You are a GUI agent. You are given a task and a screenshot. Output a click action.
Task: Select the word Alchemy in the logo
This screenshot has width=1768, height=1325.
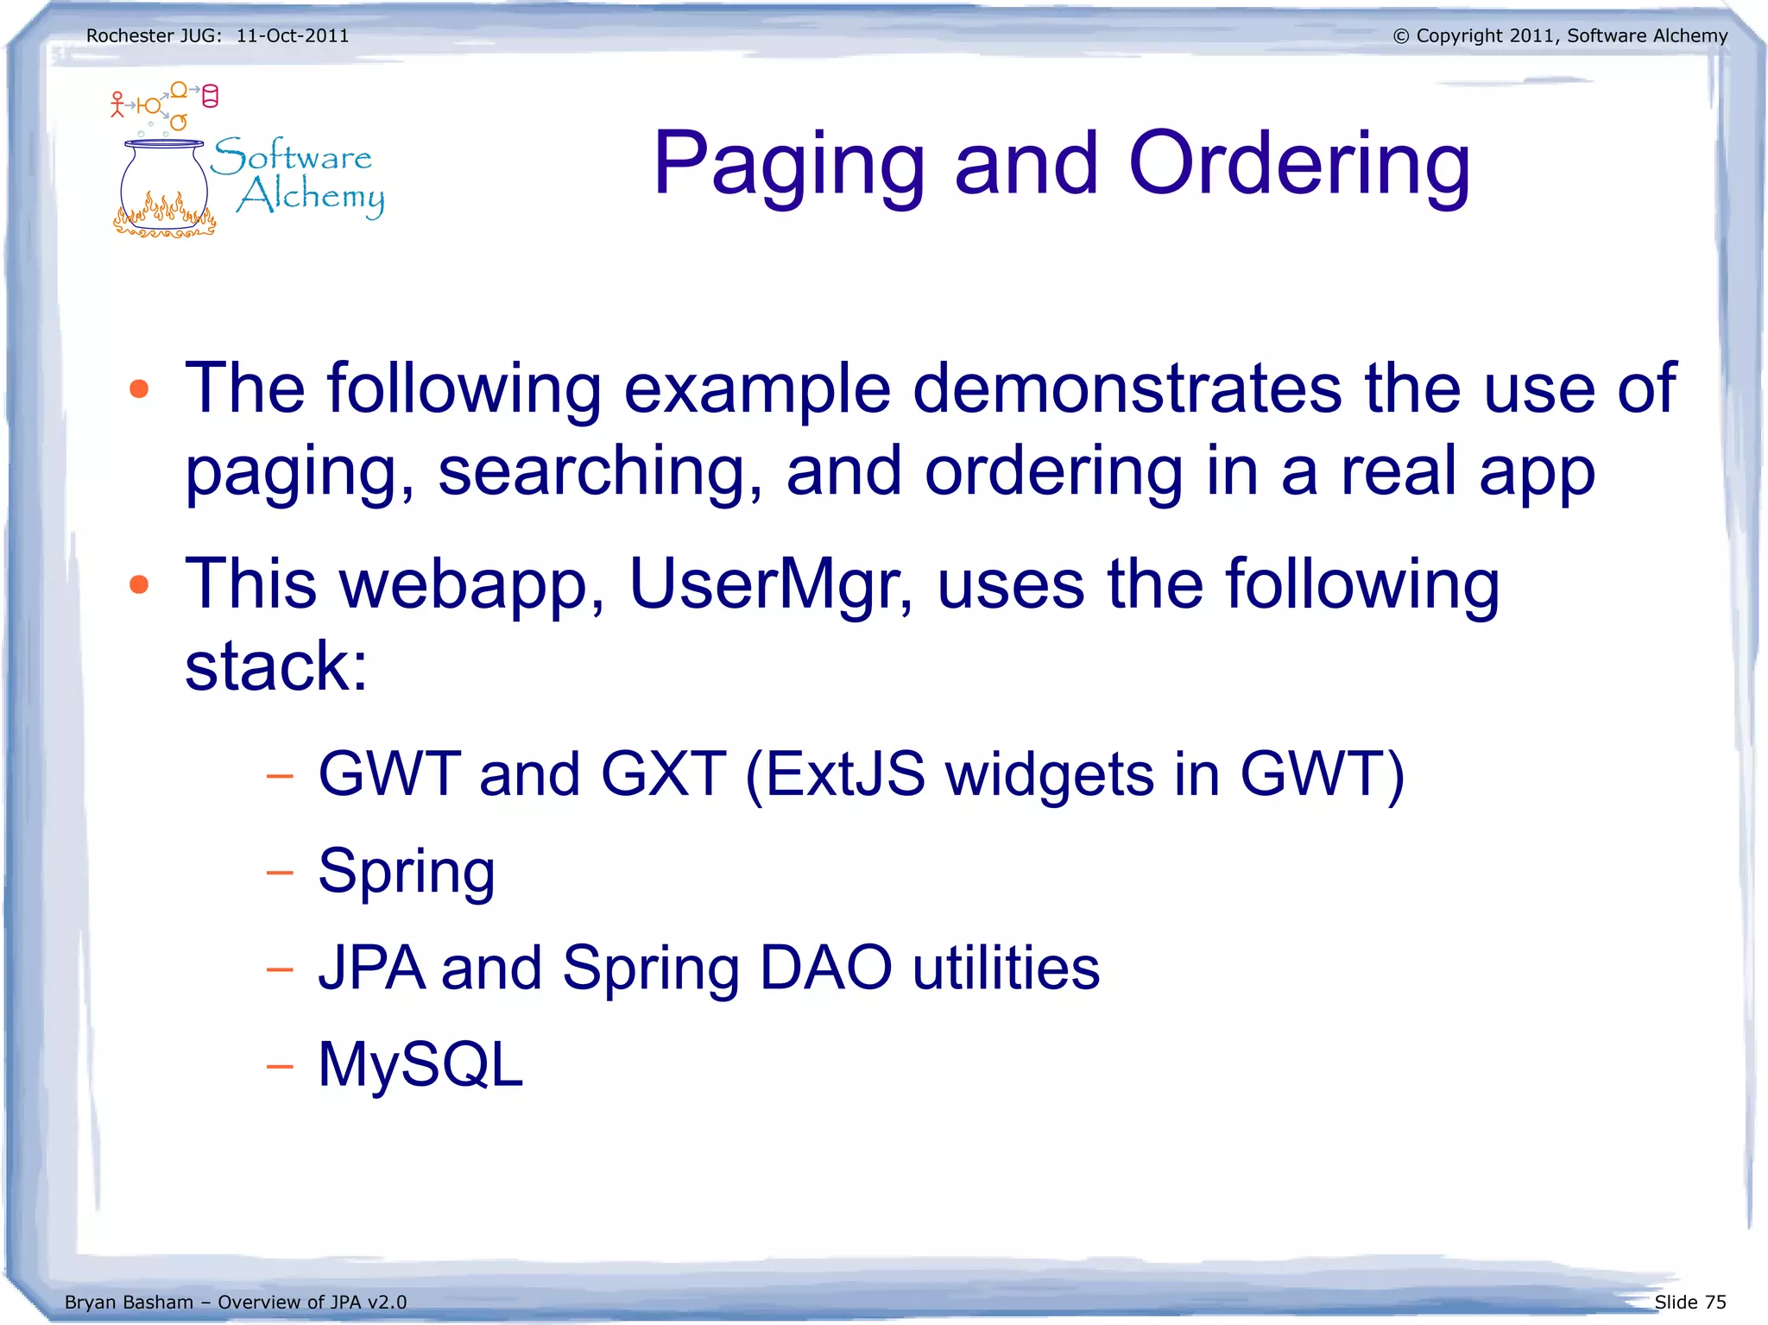(x=311, y=196)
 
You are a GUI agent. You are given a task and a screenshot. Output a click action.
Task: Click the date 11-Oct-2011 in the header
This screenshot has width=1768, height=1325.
(x=293, y=36)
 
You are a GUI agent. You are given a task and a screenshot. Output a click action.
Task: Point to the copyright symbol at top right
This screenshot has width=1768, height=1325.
(x=1400, y=36)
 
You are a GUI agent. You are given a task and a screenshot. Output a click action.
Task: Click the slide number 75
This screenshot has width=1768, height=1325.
(x=1715, y=1302)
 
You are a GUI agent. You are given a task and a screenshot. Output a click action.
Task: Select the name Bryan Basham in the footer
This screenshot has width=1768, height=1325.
(x=129, y=1302)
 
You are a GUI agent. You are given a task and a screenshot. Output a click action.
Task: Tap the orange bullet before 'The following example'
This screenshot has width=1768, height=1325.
(x=139, y=389)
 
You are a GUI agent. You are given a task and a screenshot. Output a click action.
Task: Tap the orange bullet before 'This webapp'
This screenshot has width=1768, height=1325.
(x=139, y=585)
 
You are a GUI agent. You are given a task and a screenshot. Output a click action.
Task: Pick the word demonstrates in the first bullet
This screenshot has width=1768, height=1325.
(x=1127, y=388)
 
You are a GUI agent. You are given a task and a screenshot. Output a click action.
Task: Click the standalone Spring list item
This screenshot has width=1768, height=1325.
(x=406, y=872)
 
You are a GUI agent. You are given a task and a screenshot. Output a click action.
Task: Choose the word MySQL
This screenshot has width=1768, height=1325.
(x=420, y=1064)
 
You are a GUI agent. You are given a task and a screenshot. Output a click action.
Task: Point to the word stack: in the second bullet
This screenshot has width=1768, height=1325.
(x=276, y=666)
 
